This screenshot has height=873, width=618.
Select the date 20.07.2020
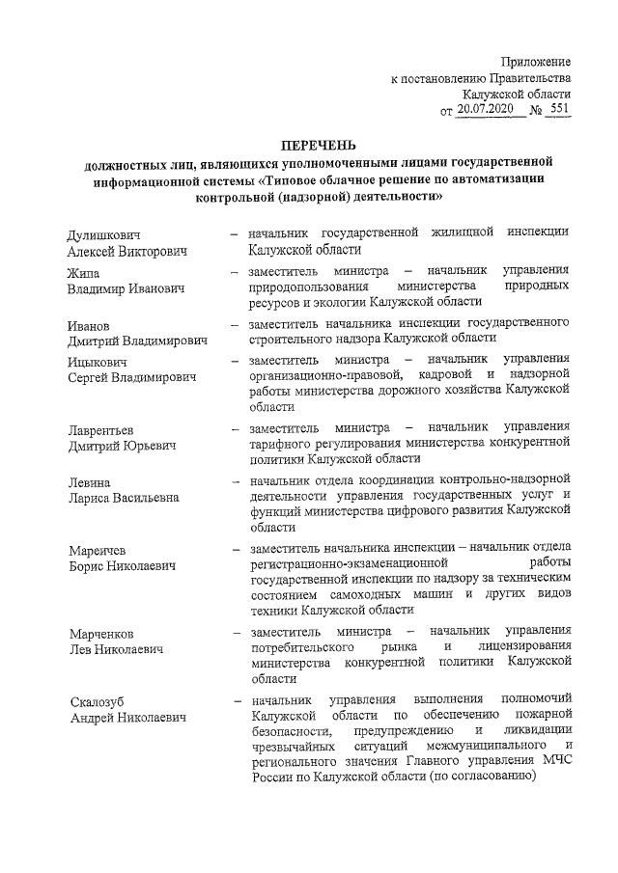[x=488, y=111]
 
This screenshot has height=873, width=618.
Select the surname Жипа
[x=84, y=272]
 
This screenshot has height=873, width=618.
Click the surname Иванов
[x=90, y=325]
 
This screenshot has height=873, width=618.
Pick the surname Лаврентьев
[x=101, y=429]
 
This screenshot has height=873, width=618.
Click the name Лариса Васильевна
[x=124, y=498]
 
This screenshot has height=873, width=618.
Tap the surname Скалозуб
[x=98, y=699]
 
